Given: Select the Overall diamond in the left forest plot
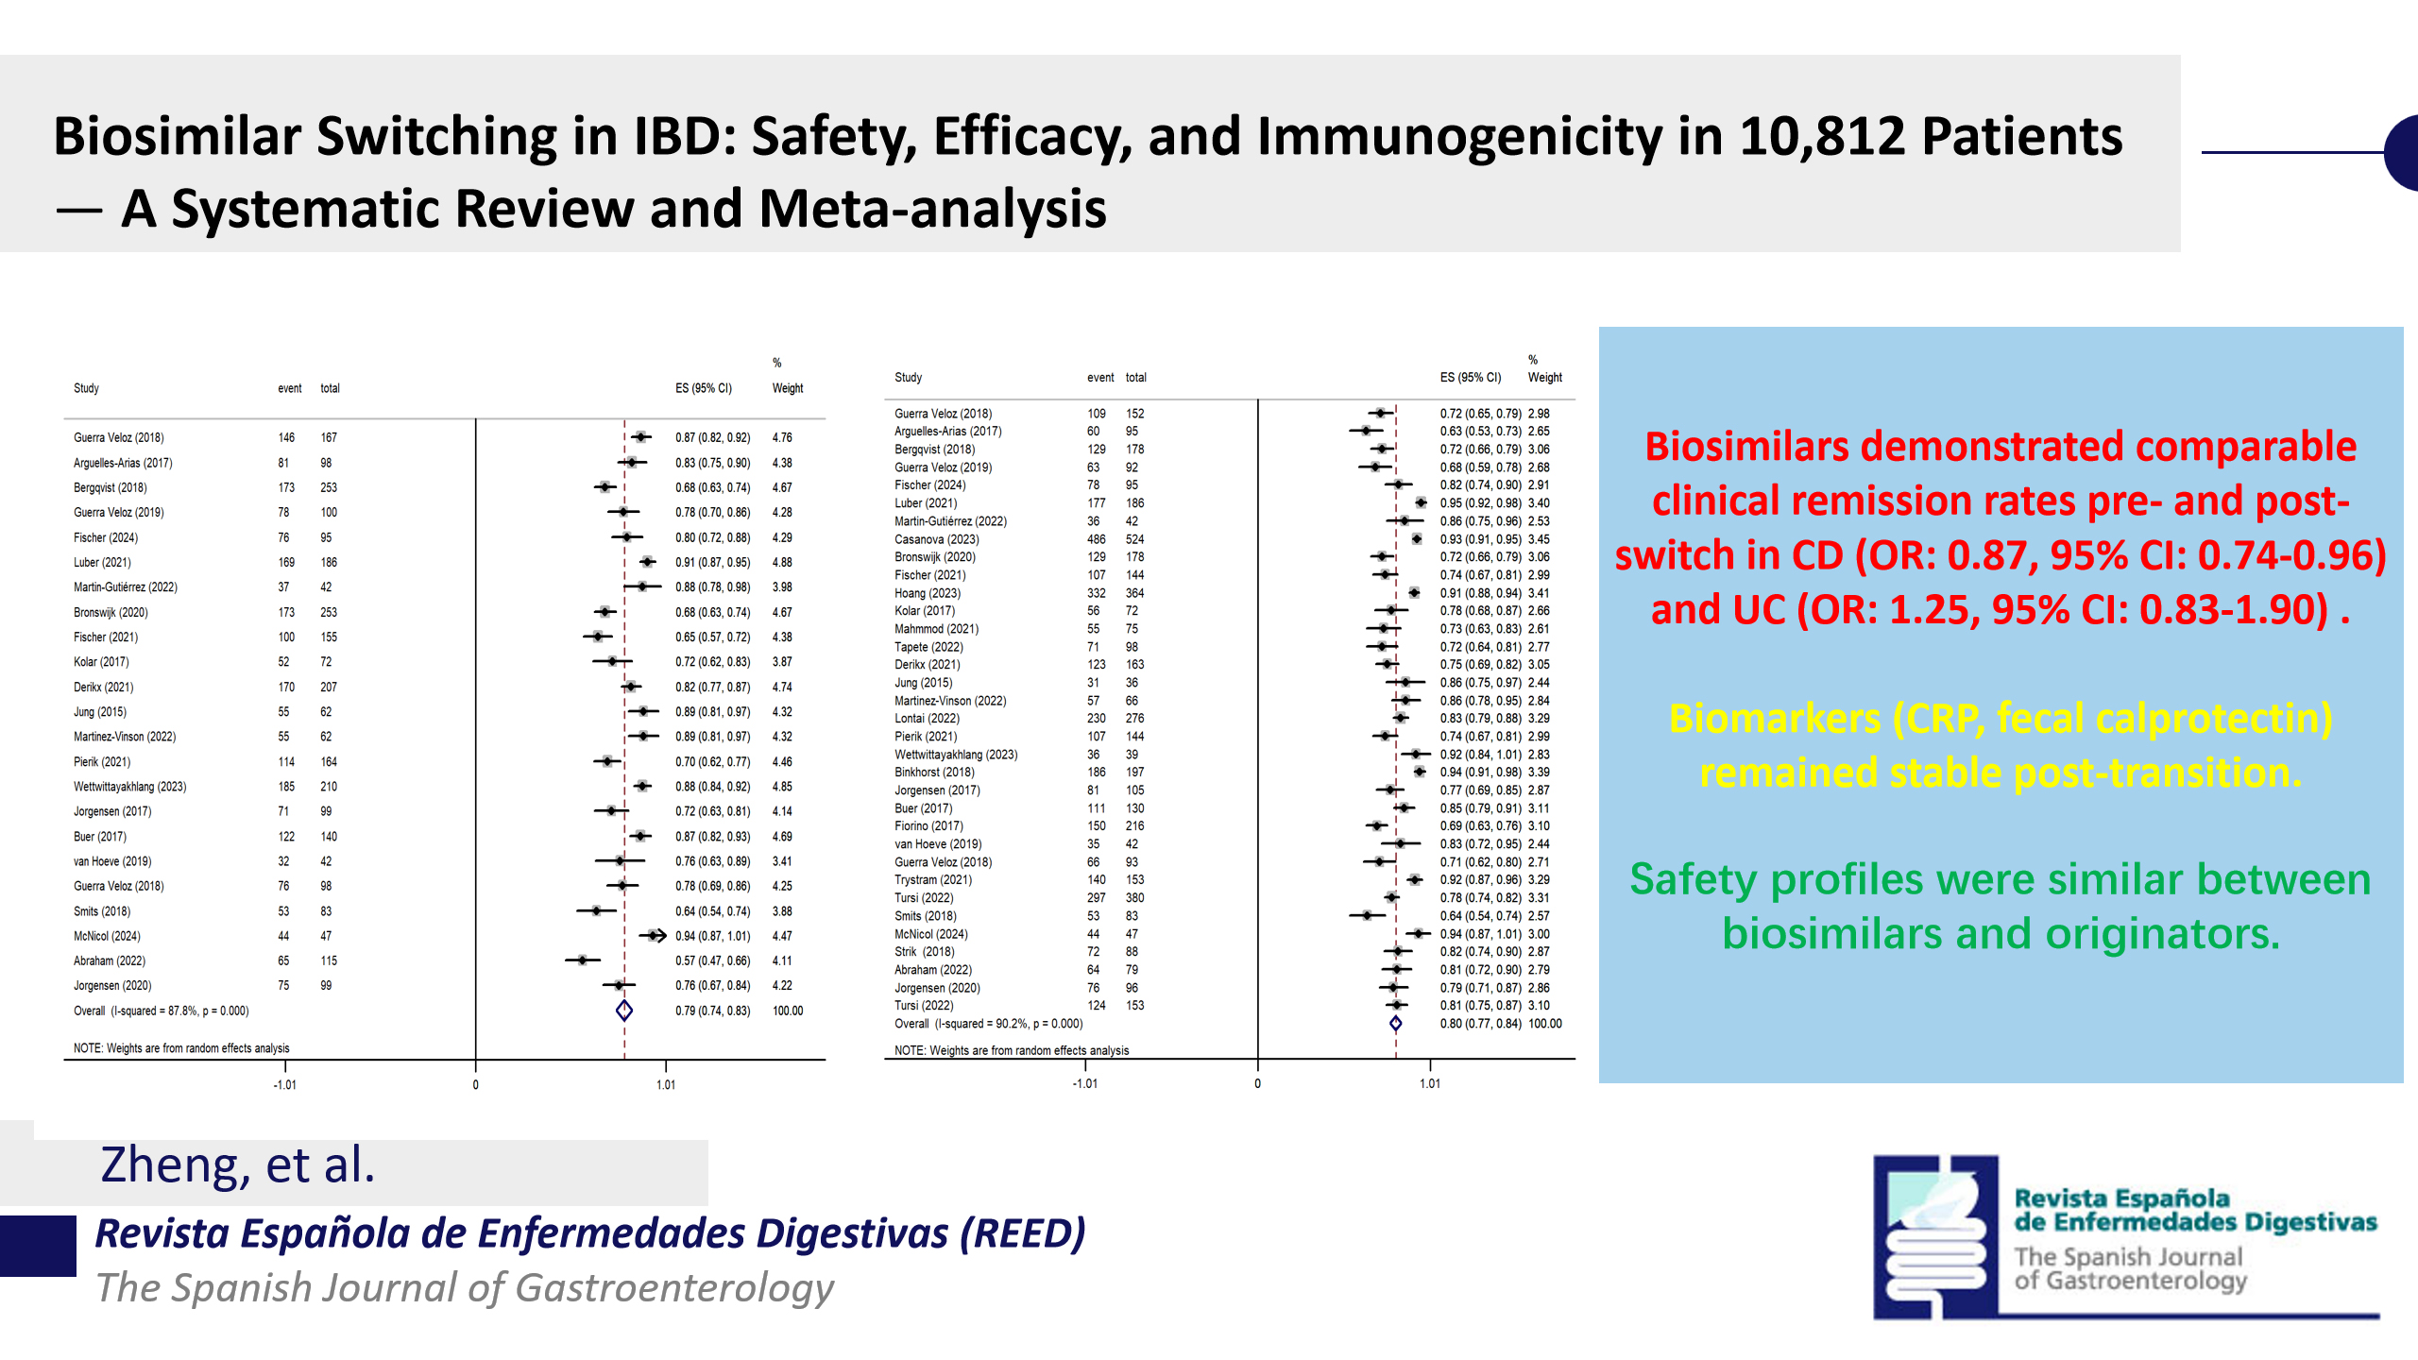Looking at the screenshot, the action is click(624, 1011).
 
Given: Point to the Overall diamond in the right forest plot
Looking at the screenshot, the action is click(1395, 1024).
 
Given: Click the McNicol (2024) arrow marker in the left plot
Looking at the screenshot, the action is click(653, 936).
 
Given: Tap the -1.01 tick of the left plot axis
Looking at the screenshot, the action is click(285, 1085).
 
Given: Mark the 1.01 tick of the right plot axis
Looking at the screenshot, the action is click(1430, 1083).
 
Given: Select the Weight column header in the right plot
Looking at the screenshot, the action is click(1545, 378).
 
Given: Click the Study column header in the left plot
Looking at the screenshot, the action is click(86, 388).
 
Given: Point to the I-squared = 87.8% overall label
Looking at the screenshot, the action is click(179, 1011).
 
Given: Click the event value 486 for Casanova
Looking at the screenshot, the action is click(1096, 539).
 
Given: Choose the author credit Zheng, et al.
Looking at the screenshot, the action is click(238, 1164).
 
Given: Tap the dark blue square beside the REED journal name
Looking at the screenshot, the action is click(38, 1246).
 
